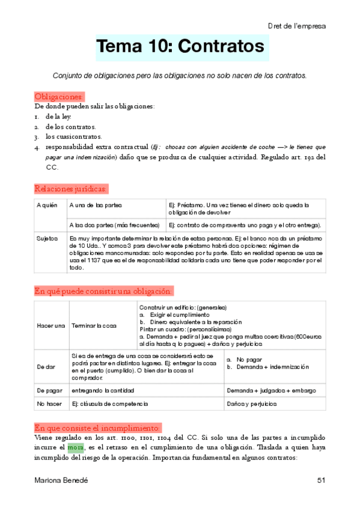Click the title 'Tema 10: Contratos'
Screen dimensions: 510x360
coord(180,47)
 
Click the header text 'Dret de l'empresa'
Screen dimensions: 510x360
coord(297,26)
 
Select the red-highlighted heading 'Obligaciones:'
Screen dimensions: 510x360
coord(59,97)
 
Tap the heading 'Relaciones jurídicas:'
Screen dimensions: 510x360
coord(71,189)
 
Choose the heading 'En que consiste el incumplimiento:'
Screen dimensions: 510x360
coord(97,428)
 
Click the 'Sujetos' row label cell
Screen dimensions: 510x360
coord(47,239)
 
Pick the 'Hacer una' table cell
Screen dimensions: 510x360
coord(51,325)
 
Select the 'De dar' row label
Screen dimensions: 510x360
coord(46,366)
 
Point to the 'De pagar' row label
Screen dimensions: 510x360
coord(49,390)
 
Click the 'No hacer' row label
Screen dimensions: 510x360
coord(48,404)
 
